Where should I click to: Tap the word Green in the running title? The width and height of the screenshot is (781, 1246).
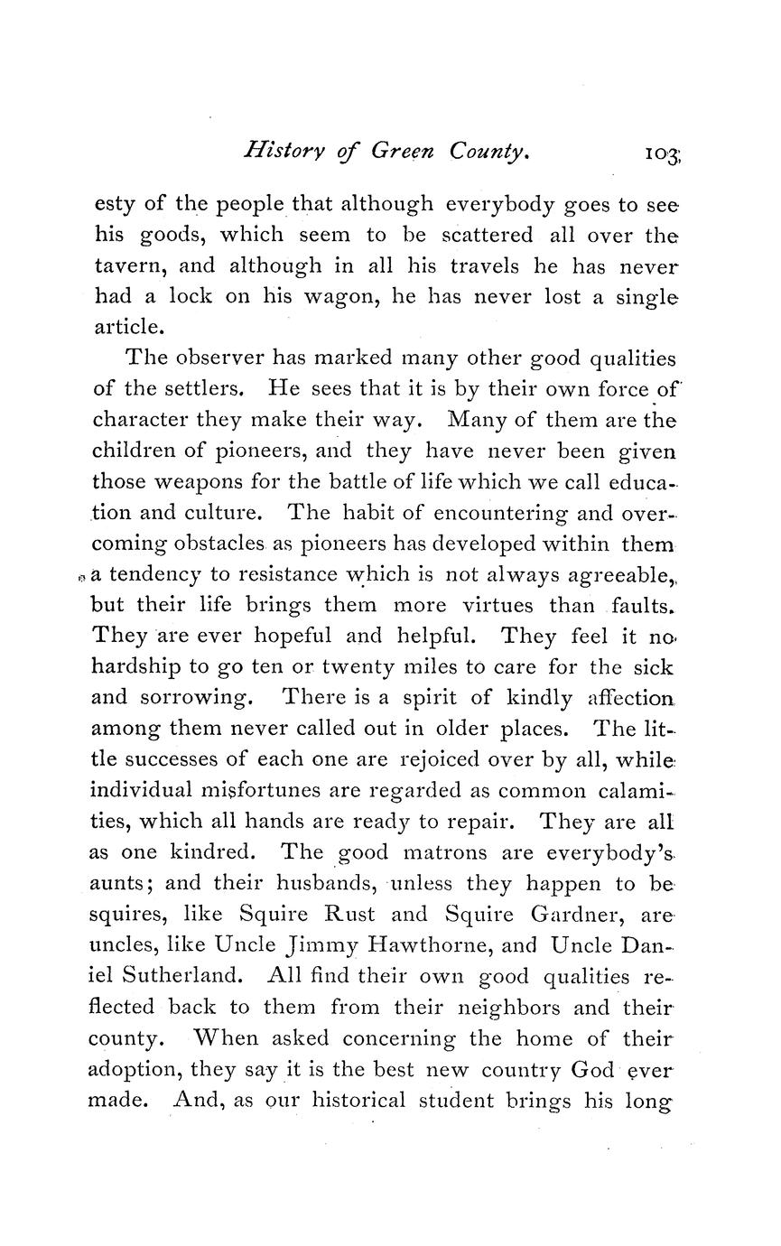pos(403,152)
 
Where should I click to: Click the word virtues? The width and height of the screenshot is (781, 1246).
pos(480,605)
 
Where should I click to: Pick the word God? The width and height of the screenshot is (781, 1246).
pos(593,1071)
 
